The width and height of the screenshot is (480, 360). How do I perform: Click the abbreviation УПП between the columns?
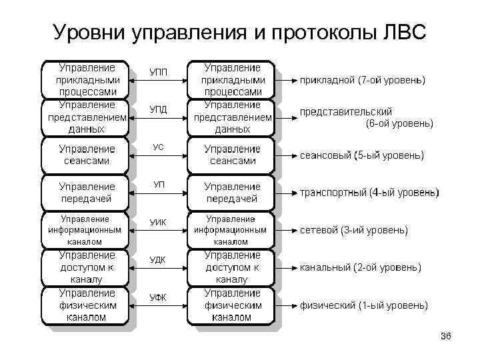tap(158, 71)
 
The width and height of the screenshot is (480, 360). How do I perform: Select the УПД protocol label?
tap(158, 109)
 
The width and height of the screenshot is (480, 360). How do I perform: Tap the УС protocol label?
tap(158, 147)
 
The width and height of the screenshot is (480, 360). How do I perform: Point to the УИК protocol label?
tap(158, 222)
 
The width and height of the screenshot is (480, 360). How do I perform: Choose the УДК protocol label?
tap(158, 260)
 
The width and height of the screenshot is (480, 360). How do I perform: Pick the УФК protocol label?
tap(158, 297)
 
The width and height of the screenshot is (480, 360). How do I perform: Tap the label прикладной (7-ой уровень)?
tap(363, 81)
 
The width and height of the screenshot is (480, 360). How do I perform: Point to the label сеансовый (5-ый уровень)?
tap(361, 155)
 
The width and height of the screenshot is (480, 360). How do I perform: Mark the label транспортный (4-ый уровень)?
tap(369, 193)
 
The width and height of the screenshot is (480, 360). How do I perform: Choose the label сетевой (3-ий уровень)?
tap(353, 231)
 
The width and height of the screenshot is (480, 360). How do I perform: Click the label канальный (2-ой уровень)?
tap(360, 268)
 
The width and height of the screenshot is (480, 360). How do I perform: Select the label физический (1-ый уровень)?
tap(363, 306)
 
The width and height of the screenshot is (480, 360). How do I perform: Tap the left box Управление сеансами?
tap(87, 155)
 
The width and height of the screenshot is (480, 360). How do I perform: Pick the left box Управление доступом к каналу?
tap(87, 267)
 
